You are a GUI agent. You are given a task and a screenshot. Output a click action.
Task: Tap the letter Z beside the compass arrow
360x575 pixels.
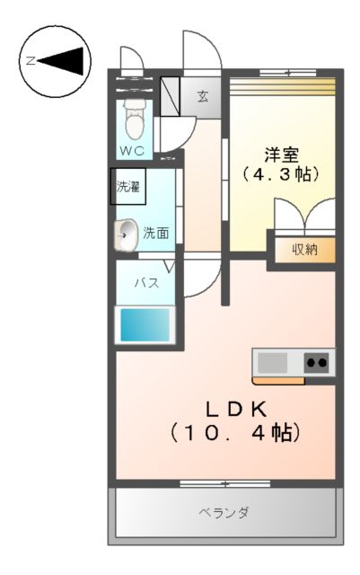[x=30, y=61]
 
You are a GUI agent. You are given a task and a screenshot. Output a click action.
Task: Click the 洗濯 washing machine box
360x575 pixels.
[x=127, y=187]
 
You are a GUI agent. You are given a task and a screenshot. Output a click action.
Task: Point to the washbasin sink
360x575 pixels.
[x=126, y=234]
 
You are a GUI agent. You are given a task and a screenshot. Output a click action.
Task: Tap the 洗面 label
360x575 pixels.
[x=156, y=234]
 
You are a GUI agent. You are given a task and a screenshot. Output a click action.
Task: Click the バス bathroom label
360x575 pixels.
[x=146, y=283]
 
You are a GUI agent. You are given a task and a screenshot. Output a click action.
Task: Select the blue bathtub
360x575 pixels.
[x=145, y=324]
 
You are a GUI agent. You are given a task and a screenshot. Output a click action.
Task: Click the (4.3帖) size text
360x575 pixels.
[x=281, y=173]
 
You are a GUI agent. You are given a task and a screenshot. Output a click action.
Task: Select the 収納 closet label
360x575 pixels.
[x=304, y=250]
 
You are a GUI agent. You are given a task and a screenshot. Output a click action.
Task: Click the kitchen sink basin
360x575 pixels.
[x=273, y=363]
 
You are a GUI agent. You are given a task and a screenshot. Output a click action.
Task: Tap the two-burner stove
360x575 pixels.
[x=316, y=363]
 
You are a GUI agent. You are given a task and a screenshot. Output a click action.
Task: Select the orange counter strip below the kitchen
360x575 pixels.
[x=278, y=380]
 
